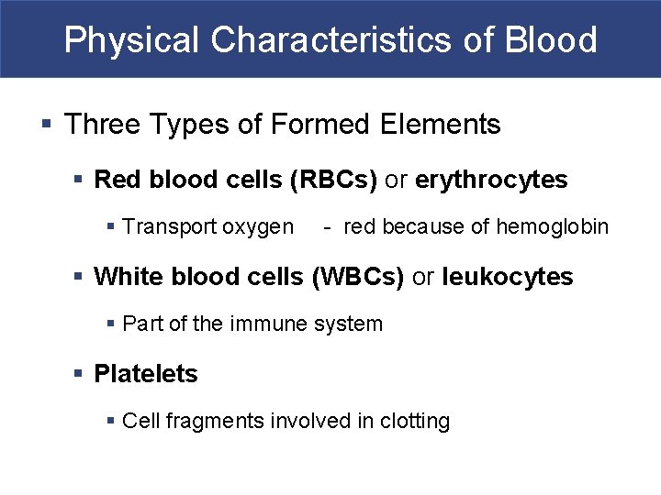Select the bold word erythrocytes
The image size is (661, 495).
(x=491, y=180)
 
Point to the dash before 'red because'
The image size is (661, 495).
(x=327, y=227)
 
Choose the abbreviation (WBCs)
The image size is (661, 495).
(x=358, y=277)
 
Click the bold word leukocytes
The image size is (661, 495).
(x=507, y=277)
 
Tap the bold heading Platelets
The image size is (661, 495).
(x=146, y=374)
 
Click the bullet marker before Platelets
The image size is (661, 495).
(x=80, y=374)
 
